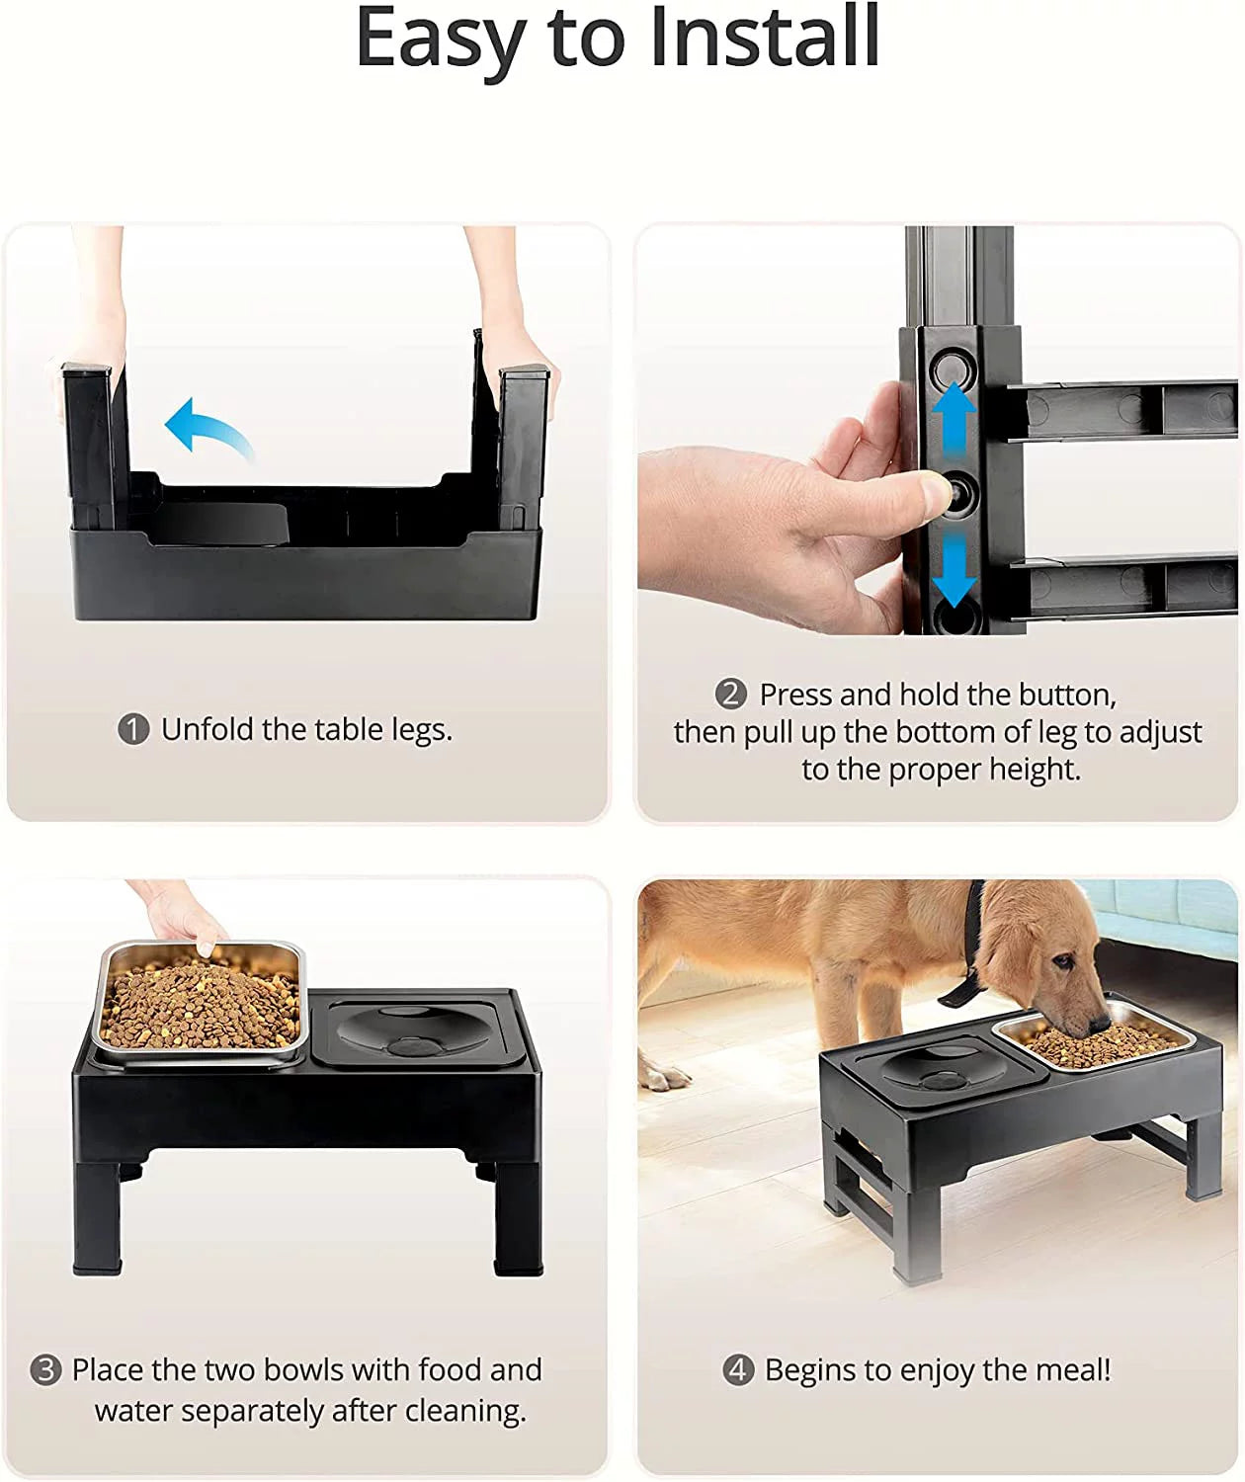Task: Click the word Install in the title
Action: click(764, 38)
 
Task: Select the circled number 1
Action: click(133, 730)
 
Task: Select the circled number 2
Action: click(730, 694)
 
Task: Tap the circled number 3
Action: click(45, 1370)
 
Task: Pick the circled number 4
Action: click(738, 1370)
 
